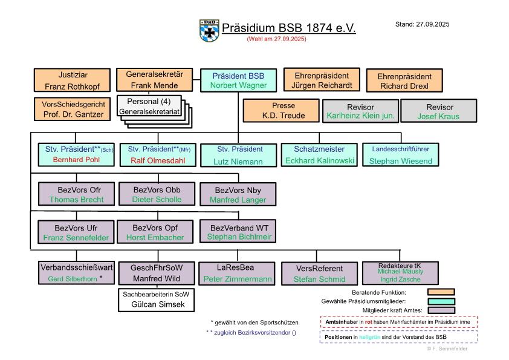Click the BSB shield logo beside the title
(209, 31)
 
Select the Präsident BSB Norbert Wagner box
(238, 80)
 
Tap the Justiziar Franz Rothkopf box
(72, 80)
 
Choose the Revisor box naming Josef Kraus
(439, 111)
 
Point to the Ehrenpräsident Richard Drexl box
(404, 81)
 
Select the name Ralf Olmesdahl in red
(157, 160)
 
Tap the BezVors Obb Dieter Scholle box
(157, 194)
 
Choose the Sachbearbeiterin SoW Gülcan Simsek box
(160, 300)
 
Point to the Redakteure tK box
(401, 273)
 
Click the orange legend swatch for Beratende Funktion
(440, 292)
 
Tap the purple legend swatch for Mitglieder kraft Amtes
(440, 310)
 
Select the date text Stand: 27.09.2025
(422, 25)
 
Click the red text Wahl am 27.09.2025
(276, 39)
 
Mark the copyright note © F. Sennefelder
(447, 349)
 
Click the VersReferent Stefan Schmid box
(319, 273)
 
